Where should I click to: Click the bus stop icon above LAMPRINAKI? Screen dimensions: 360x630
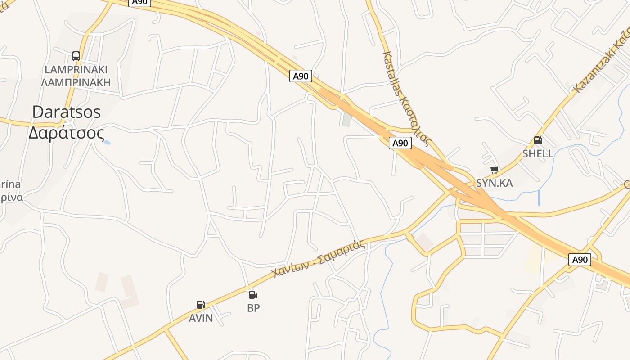pyautogui.click(x=76, y=56)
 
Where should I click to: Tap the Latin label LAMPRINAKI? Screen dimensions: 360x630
pyautogui.click(x=76, y=70)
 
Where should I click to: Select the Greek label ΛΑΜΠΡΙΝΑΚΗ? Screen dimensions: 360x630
pyautogui.click(x=76, y=82)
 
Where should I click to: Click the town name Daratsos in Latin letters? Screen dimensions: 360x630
pyautogui.click(x=67, y=112)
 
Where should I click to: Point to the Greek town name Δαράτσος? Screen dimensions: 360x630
pyautogui.click(x=67, y=133)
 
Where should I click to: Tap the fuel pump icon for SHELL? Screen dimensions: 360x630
pyautogui.click(x=538, y=140)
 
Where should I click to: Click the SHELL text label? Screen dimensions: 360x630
pyautogui.click(x=538, y=154)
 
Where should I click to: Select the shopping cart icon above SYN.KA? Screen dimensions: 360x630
pyautogui.click(x=495, y=170)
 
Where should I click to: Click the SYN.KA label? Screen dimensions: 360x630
pyautogui.click(x=495, y=183)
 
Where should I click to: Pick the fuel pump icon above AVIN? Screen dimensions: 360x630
pyautogui.click(x=201, y=305)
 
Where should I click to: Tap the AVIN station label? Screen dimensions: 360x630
pyautogui.click(x=201, y=318)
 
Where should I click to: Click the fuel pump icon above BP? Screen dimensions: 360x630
pyautogui.click(x=253, y=295)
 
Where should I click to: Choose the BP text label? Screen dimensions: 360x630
pyautogui.click(x=253, y=308)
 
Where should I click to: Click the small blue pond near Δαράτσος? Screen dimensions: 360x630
pyautogui.click(x=107, y=143)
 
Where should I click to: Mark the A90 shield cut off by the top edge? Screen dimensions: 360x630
pyautogui.click(x=140, y=2)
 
